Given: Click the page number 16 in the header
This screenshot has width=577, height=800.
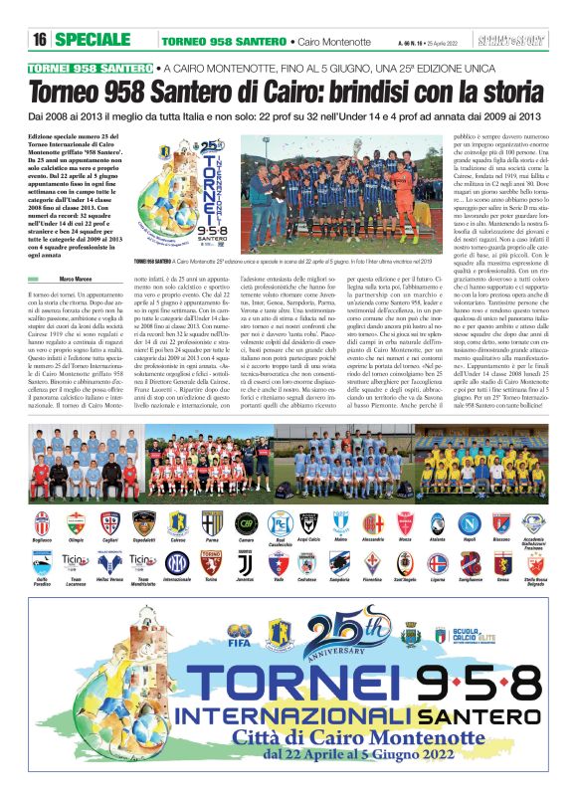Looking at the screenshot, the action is pyautogui.click(x=41, y=39).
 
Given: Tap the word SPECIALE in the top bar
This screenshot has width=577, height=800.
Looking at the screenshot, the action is pyautogui.click(x=97, y=39).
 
